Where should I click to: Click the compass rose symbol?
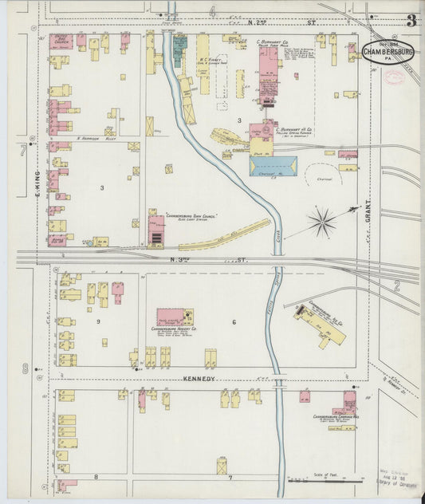point(322,222)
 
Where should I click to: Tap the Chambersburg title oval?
point(388,52)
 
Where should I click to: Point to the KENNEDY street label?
point(200,378)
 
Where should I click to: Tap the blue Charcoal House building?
point(273,166)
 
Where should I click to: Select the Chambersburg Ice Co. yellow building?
point(324,324)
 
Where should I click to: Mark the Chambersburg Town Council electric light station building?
point(156,229)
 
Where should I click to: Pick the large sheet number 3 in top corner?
point(411,21)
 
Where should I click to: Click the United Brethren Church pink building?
point(61,41)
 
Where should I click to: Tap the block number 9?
point(98,321)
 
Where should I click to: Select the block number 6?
point(234,321)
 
